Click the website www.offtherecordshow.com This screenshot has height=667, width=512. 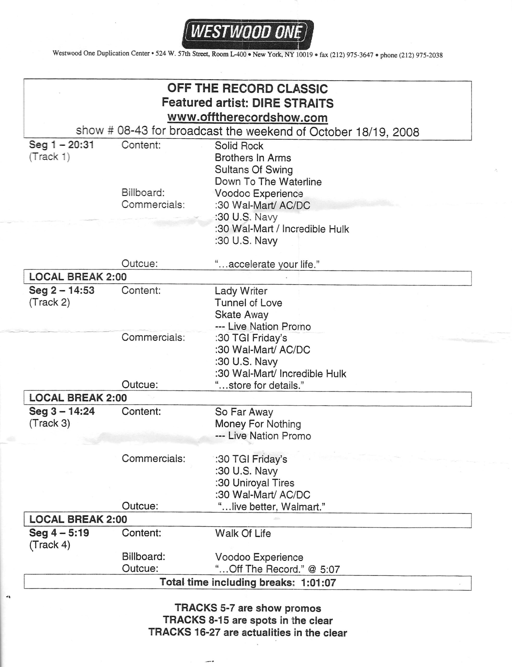pos(248,117)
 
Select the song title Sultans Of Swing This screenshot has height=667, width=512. pos(254,170)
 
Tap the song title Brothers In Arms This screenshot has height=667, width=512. pos(253,158)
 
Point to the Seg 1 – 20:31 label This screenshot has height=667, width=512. pos(61,145)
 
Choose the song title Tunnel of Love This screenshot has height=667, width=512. pos(248,303)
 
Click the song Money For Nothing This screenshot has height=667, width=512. pos(258,424)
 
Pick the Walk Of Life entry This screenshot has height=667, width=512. pos(243,533)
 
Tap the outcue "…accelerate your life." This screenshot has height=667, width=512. pos(267,264)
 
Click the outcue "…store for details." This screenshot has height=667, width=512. pos(260,385)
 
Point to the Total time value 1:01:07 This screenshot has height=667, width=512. pos(318,583)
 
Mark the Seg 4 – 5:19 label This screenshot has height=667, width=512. pos(59,533)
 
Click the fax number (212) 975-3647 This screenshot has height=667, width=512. pos(354,55)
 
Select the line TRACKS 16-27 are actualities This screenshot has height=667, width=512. pos(248,633)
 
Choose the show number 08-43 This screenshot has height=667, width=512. pos(133,131)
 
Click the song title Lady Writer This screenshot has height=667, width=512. pos(241,291)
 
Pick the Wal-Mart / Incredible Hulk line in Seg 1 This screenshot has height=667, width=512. pos(282,229)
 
